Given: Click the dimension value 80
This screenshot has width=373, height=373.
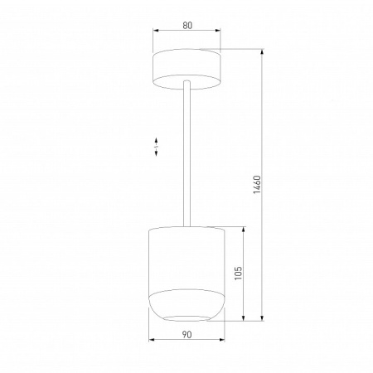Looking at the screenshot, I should (187, 26).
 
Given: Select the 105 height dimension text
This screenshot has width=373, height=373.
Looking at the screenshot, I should (237, 274).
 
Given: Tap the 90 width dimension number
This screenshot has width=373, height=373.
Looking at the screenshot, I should (186, 334).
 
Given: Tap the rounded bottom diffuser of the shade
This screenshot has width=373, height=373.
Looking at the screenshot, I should (186, 305).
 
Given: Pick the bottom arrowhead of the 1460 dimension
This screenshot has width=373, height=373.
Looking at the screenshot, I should (263, 319).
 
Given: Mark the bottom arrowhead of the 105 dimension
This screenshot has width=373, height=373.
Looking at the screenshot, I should (244, 319).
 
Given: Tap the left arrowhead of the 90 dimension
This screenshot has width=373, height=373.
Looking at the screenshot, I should (151, 342).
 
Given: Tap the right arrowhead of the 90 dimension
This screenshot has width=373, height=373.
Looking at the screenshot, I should (223, 342).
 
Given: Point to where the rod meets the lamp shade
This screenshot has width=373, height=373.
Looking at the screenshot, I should (188, 225).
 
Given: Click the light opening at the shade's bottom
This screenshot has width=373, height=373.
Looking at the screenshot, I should (187, 318).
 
